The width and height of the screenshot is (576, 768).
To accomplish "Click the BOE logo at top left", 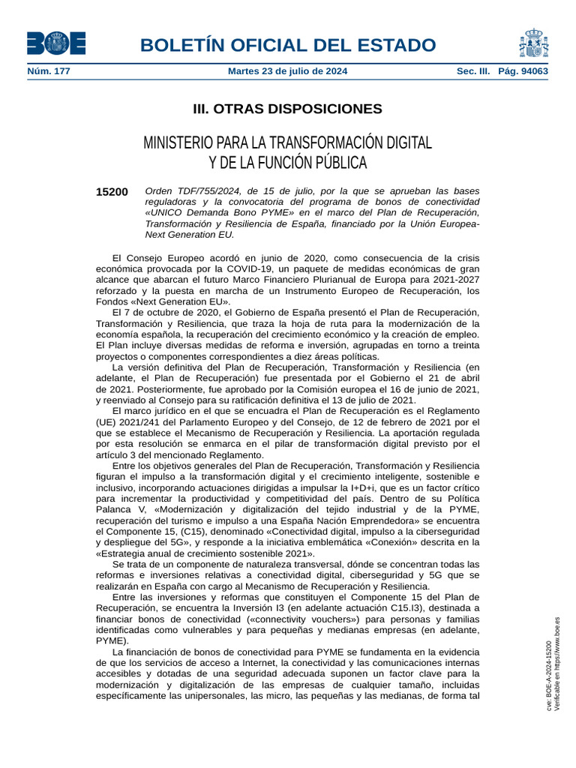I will [x=56, y=43].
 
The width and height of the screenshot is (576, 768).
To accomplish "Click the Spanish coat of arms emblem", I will [x=532, y=43].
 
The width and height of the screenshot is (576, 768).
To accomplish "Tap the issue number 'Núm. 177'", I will [x=48, y=72].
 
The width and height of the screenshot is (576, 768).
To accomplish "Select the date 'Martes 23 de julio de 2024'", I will [x=287, y=72].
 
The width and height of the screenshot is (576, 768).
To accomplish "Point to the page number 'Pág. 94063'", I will [x=523, y=72].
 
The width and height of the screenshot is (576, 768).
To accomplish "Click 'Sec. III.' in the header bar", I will [x=473, y=72].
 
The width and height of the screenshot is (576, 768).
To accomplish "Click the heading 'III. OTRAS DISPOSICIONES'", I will [x=287, y=109].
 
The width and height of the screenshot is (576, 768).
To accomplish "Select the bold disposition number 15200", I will [x=112, y=192].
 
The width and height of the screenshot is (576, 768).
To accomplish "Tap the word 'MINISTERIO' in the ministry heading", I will [x=178, y=142].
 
